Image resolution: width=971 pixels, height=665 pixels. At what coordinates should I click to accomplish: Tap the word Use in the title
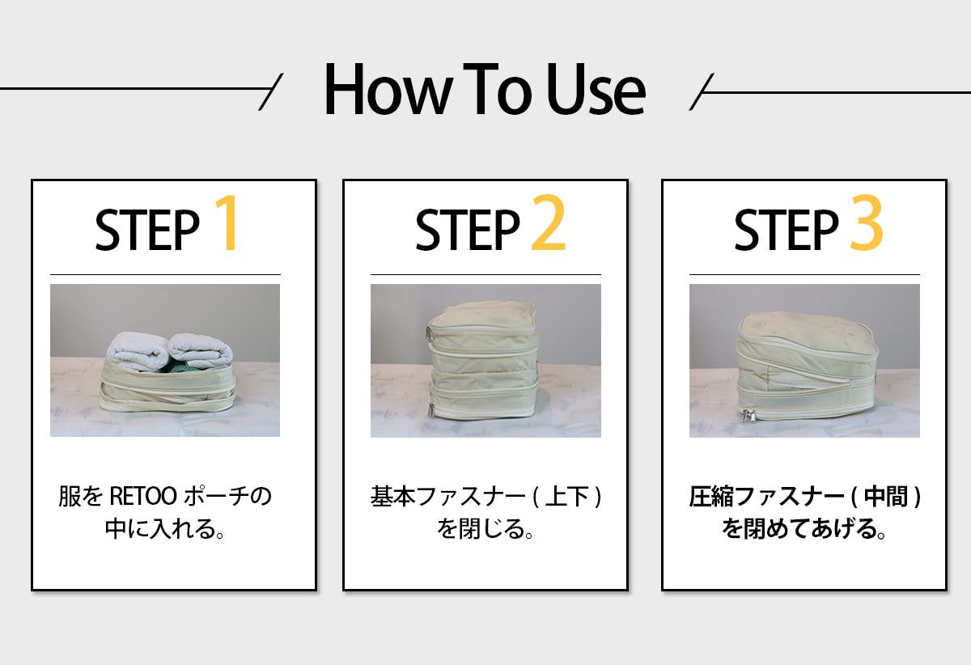point(596,89)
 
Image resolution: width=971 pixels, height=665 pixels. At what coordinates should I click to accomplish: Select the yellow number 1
point(227,222)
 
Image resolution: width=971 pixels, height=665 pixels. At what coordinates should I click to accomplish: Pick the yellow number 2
point(549,222)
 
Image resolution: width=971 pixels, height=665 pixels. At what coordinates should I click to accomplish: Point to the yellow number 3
point(867,222)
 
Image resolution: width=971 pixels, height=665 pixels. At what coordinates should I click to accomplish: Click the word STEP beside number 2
point(468,231)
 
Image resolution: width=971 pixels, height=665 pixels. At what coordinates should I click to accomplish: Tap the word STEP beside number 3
point(786,231)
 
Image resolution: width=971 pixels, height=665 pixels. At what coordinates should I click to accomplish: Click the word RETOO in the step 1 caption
point(143,497)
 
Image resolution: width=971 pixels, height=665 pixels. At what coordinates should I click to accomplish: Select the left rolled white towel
point(137,352)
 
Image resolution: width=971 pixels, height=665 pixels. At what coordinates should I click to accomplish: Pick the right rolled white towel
point(201,350)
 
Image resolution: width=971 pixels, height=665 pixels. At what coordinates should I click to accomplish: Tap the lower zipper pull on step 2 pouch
point(432,410)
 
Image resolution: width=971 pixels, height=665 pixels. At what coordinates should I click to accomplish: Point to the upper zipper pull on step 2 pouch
point(430,335)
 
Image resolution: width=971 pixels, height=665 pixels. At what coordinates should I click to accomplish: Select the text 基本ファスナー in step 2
point(447,497)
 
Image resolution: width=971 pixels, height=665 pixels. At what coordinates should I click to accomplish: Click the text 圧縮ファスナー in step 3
point(766,497)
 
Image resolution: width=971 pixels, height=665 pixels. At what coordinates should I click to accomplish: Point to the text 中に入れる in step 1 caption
point(160,529)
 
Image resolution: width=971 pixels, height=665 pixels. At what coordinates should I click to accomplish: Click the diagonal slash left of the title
point(271,91)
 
